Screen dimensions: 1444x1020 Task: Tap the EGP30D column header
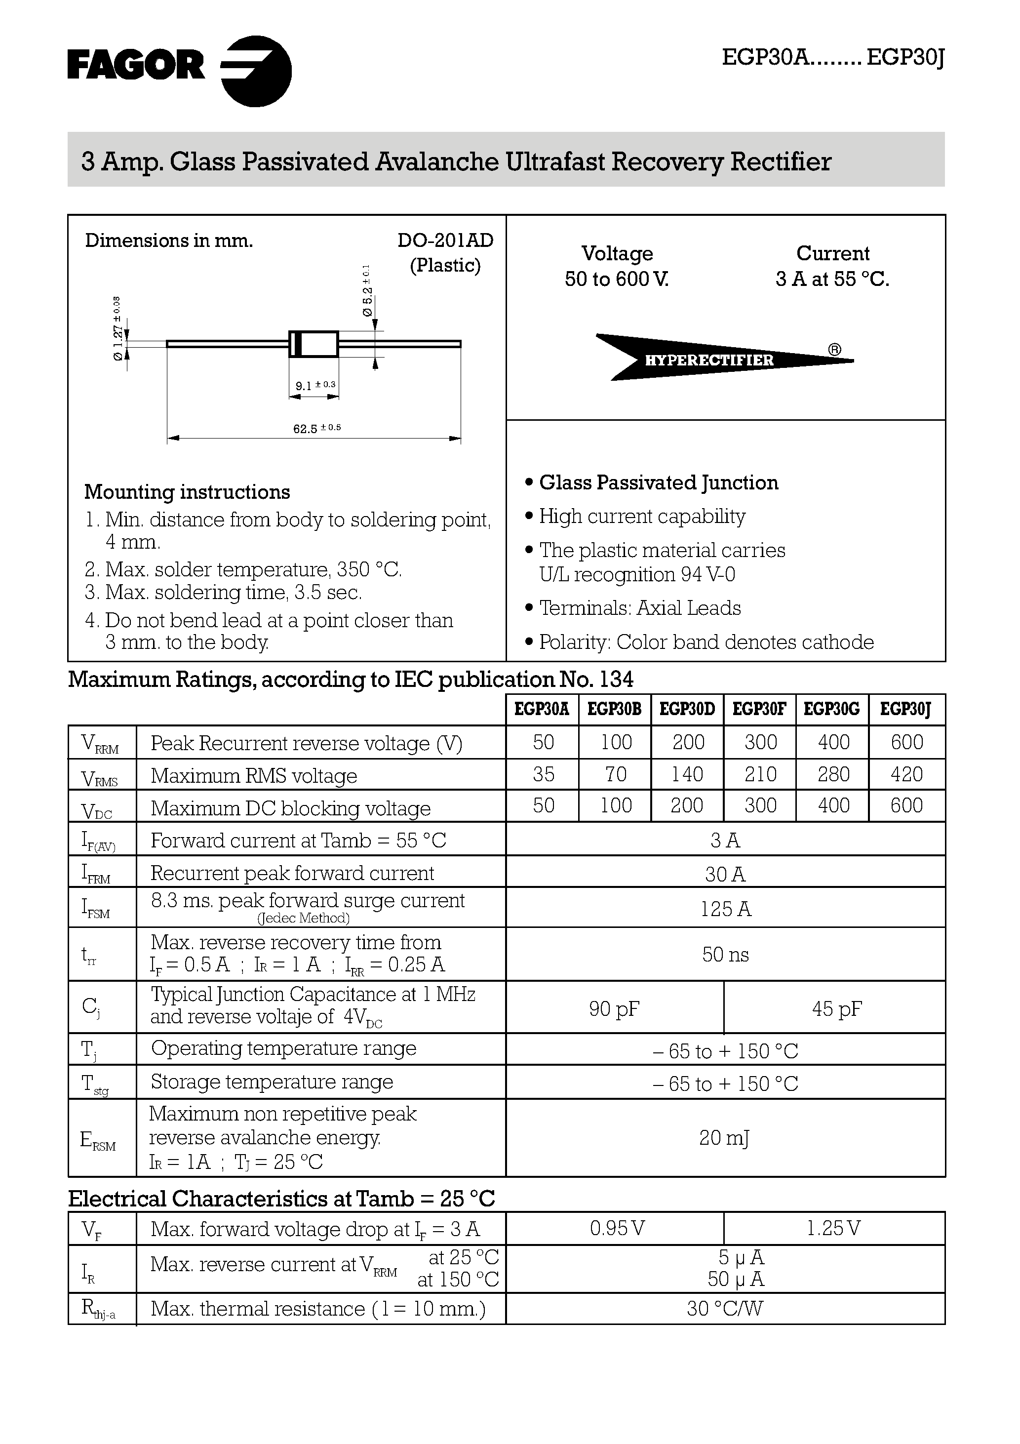(x=687, y=710)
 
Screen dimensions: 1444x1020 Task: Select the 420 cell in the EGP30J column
(x=906, y=774)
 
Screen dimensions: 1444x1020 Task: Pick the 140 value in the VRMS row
(x=687, y=774)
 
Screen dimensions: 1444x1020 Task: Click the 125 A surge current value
(x=725, y=909)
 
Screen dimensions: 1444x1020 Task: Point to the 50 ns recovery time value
(x=725, y=955)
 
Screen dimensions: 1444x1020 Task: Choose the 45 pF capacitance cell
(x=836, y=1009)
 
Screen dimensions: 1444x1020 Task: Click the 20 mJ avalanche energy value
(x=724, y=1138)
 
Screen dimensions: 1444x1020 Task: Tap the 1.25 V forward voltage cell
(x=833, y=1228)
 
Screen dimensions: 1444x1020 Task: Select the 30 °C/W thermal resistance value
(x=724, y=1309)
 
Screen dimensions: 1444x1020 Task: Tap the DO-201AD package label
(x=445, y=240)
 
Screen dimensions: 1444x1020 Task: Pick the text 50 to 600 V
(x=616, y=279)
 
